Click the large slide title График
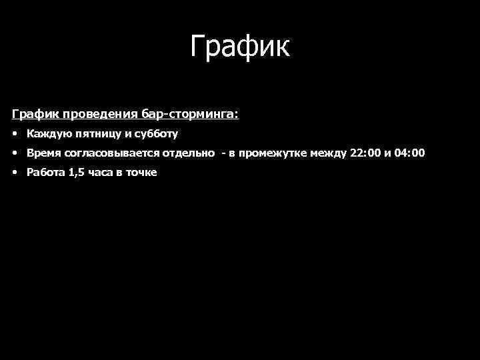[x=240, y=47]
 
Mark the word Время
[x=43, y=153]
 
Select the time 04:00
[x=409, y=153]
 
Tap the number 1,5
[x=77, y=173]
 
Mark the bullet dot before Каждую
[x=15, y=134]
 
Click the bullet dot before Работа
[x=15, y=173]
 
